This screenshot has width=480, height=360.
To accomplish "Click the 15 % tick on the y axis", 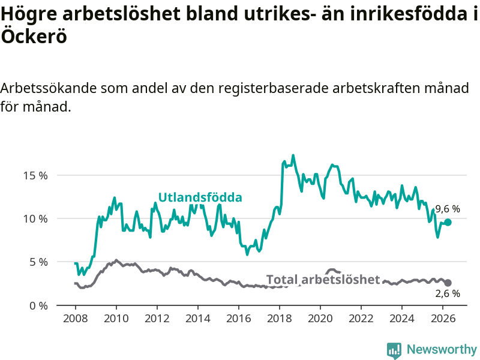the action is (x=35, y=176).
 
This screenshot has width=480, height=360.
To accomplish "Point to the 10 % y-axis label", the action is (x=35, y=219).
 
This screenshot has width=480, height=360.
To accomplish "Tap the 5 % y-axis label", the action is (x=38, y=262).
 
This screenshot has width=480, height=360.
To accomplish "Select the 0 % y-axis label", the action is (x=38, y=306).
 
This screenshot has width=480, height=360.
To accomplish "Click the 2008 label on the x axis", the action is (x=76, y=319).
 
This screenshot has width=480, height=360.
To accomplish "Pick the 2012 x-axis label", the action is (x=157, y=319).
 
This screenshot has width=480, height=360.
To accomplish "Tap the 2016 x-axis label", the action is (x=239, y=319).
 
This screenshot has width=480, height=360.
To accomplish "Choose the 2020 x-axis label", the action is (x=320, y=319).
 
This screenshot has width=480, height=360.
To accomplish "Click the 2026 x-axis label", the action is (x=443, y=319).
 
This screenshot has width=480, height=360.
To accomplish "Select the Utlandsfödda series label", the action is (x=200, y=197).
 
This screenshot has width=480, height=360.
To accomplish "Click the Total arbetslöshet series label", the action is (x=323, y=280).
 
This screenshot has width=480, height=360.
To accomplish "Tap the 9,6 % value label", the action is (x=448, y=209).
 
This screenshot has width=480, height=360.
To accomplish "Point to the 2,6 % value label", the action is (x=448, y=293).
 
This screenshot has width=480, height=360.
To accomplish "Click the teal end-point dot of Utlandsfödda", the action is (x=448, y=222).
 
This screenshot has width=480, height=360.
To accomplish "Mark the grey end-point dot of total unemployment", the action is (x=448, y=283).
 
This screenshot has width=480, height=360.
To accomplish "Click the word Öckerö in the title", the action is (x=34, y=37).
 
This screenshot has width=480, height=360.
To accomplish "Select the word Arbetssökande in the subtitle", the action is (x=49, y=88).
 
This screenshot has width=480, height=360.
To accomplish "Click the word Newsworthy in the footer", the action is (x=442, y=349).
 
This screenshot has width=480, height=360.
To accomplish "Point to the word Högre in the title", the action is (x=29, y=14).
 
